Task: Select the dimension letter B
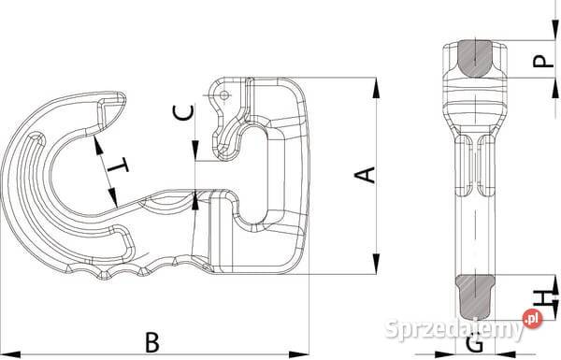pos(152,342)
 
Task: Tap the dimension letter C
pos(183,112)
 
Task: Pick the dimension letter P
pos(543,61)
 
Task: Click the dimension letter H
pos(543,297)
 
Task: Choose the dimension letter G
pos(475,344)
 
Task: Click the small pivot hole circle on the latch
pos(224,95)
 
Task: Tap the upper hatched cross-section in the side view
pos(475,58)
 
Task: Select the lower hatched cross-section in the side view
pos(475,297)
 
